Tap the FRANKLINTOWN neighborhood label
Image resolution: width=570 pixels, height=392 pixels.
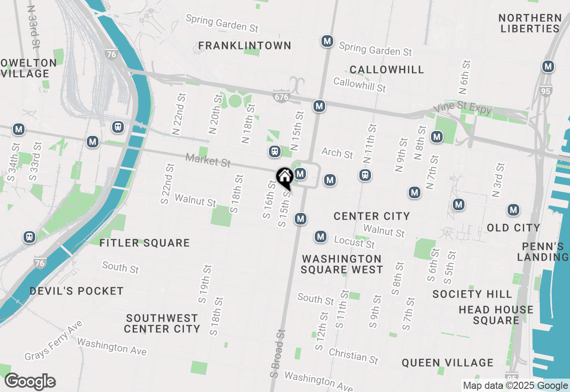tap(244, 45)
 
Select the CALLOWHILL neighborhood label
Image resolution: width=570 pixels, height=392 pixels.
tap(387, 69)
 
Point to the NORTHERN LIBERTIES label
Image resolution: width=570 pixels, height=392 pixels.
tap(529, 23)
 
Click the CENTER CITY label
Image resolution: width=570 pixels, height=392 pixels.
tap(371, 216)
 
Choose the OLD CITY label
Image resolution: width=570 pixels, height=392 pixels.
tap(513, 228)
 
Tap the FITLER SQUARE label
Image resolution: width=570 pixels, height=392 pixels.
tap(144, 243)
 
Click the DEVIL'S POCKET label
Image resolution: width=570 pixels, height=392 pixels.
tap(77, 291)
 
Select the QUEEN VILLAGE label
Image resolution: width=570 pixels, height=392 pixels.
tap(447, 363)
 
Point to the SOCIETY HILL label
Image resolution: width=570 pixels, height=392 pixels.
tap(472, 294)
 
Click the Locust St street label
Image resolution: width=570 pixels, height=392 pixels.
tap(354, 242)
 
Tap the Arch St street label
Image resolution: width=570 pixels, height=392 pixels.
tap(337, 153)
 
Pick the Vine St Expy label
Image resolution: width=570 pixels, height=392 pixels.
tap(463, 109)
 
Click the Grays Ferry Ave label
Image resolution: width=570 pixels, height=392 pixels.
tap(53, 340)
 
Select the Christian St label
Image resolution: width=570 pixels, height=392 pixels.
tap(353, 355)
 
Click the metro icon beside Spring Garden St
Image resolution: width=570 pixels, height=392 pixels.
tap(327, 41)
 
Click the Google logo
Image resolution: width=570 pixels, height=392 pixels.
tap(30, 381)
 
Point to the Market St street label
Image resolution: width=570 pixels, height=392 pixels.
tap(208, 160)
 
